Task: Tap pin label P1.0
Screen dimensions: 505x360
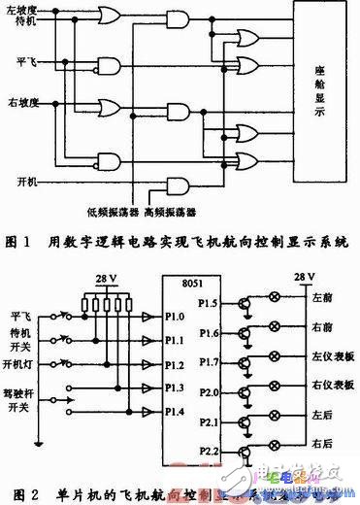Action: pos(178,316)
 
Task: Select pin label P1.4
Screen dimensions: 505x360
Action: pos(178,410)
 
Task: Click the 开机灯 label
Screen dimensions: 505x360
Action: pos(21,364)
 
